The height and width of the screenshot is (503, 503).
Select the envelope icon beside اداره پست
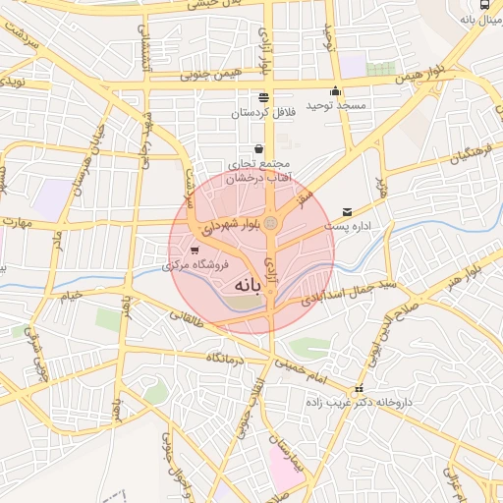point(348,212)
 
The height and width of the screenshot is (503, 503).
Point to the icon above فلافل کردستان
point(262,97)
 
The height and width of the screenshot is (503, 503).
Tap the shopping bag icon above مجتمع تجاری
point(258,149)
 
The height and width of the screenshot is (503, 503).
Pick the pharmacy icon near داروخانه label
point(359,388)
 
